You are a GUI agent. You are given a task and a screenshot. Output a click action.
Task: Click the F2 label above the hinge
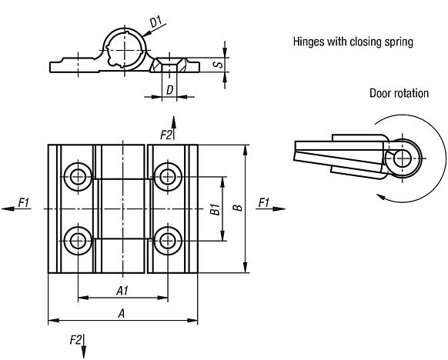(165, 135)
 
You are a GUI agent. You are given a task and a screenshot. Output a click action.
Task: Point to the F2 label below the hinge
(75, 340)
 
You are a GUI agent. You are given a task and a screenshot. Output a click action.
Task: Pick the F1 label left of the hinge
(23, 203)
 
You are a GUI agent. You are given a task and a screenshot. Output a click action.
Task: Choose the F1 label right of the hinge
(263, 203)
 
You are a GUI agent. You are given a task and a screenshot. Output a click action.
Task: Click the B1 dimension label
(216, 208)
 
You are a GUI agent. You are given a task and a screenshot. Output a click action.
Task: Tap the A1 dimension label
(122, 290)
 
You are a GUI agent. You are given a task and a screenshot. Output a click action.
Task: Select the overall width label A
(121, 313)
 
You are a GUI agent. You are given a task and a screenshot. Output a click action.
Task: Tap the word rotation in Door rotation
(410, 93)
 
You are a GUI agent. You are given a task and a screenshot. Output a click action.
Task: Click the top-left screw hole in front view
(77, 176)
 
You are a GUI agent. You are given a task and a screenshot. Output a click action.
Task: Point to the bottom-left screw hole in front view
(77, 241)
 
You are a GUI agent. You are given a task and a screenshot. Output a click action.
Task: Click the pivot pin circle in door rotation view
(400, 158)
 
